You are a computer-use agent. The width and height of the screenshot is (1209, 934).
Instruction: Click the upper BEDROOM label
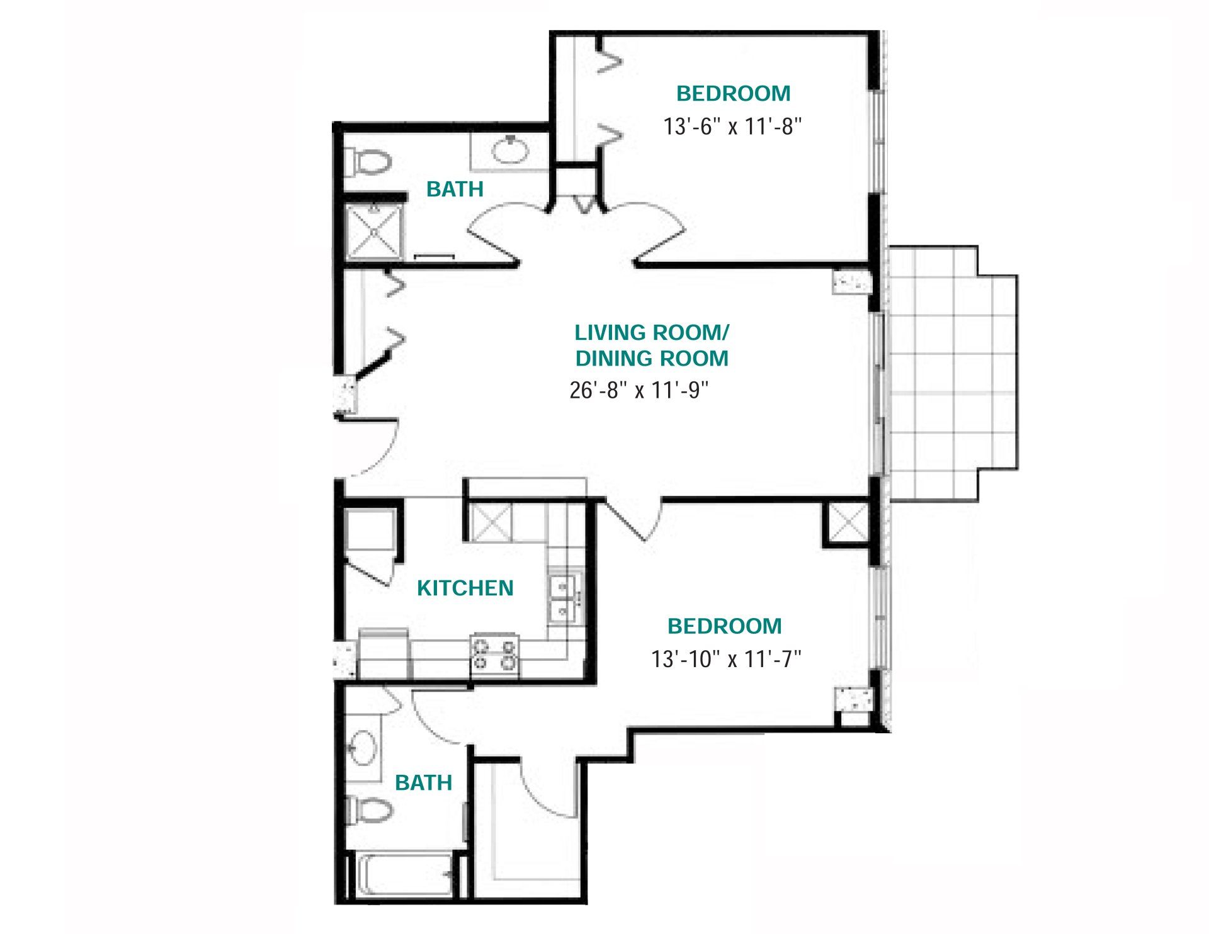(734, 93)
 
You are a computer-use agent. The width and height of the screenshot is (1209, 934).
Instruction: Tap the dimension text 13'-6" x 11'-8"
(732, 127)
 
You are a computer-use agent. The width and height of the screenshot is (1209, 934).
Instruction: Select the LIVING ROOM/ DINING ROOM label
(652, 345)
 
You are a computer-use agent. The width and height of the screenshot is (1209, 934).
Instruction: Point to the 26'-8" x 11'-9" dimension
(639, 390)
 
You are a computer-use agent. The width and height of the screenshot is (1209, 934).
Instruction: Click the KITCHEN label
(465, 588)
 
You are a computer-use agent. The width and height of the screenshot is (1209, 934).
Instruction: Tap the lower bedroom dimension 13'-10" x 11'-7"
(726, 659)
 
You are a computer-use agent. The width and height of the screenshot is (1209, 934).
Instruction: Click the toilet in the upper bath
(368, 162)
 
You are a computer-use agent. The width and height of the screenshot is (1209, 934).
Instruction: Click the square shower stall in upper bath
(375, 232)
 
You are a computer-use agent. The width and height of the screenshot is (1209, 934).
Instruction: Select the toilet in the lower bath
(369, 811)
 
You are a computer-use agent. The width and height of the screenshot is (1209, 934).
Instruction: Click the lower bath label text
(423, 782)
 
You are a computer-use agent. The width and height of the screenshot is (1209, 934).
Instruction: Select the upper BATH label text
(455, 189)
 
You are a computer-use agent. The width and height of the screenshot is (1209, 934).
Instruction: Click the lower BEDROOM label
(725, 626)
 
